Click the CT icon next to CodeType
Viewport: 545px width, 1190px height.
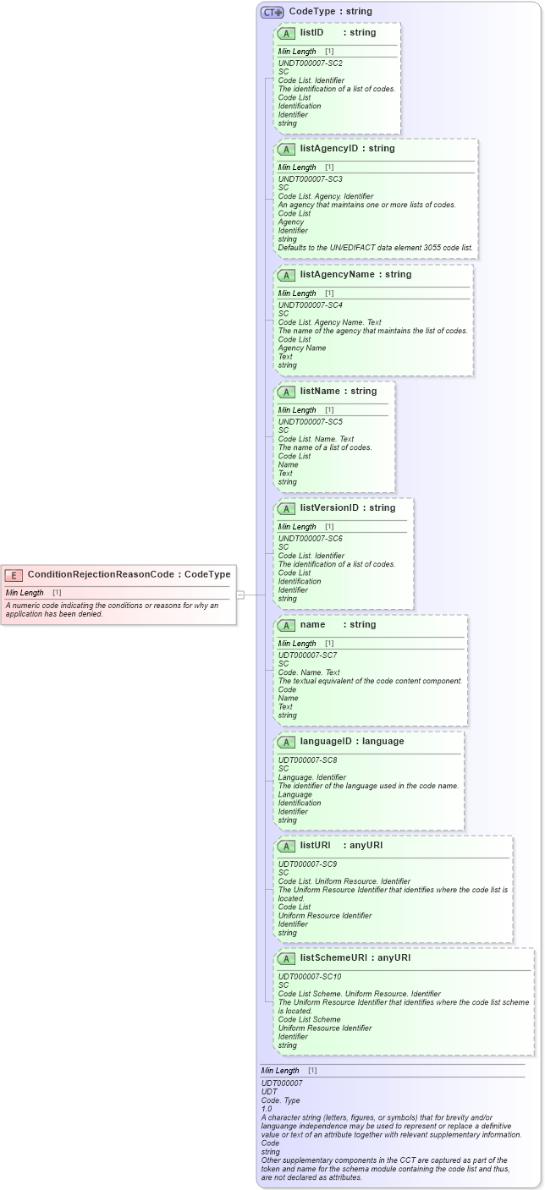tap(272, 13)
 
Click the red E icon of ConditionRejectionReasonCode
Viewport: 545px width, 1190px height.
tap(14, 575)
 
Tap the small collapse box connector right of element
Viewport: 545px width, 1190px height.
tap(240, 595)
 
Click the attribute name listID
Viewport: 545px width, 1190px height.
tap(311, 33)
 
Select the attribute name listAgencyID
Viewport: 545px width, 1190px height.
tap(329, 149)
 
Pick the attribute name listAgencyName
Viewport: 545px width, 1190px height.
tap(337, 275)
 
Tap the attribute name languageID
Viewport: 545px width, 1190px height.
tap(327, 742)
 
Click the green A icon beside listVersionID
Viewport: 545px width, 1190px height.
tap(286, 509)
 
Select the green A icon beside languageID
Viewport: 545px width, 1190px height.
tap(286, 743)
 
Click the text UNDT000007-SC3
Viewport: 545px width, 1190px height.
tap(310, 179)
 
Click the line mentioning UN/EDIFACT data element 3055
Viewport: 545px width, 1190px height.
tap(376, 248)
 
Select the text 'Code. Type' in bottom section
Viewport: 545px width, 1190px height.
tap(280, 1100)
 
